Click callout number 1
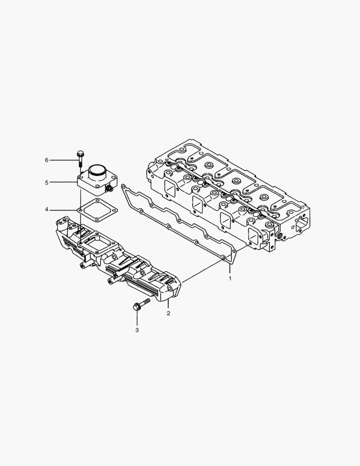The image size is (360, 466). point(230,278)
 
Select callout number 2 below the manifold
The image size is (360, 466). point(168,313)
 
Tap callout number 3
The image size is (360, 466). point(137,330)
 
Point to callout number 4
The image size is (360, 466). point(47,210)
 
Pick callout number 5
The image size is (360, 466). point(47,183)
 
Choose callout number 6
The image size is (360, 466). point(47,160)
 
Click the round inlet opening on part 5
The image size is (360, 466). point(97,170)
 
